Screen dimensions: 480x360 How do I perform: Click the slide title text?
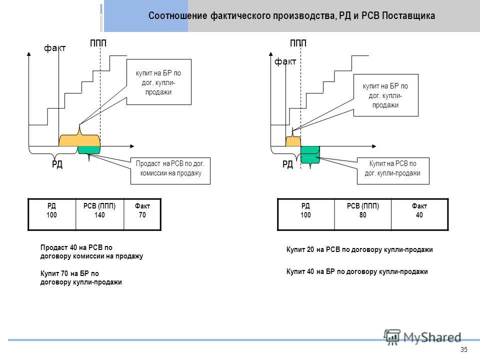[291, 15]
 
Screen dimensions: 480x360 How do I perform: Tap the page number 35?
[464, 349]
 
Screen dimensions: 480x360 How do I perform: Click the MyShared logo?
[422, 337]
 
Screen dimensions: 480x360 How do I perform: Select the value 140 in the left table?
[99, 215]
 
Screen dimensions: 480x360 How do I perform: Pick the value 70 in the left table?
[142, 215]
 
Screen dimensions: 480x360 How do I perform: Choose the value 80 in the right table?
[363, 215]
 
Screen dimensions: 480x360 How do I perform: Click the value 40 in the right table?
[419, 215]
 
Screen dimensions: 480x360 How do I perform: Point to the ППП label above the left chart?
[98, 43]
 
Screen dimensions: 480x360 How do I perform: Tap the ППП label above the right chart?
[298, 43]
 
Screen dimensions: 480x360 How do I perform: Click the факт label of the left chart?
[55, 48]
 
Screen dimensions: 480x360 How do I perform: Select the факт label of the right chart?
[285, 61]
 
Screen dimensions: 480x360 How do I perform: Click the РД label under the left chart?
[57, 164]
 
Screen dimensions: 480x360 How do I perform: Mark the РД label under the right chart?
[288, 164]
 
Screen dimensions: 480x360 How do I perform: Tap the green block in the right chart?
[310, 155]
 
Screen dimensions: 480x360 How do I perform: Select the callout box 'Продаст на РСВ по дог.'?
[170, 171]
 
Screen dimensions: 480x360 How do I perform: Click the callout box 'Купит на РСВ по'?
[393, 171]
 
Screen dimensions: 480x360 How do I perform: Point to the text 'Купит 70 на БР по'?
[69, 273]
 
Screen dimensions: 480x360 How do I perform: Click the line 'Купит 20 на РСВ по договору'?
[359, 249]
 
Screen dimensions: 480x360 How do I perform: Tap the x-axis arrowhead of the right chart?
[374, 146]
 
